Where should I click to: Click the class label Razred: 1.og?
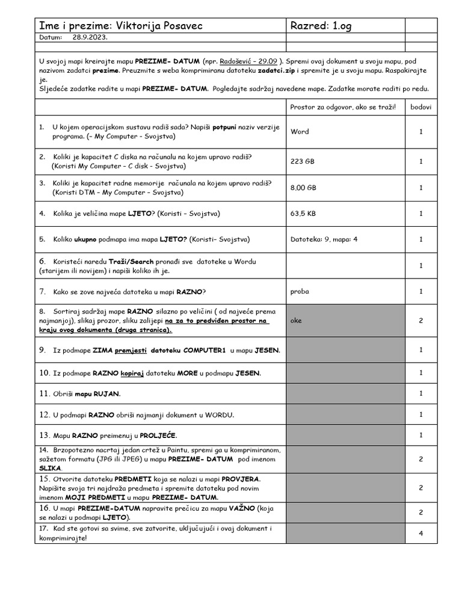[319, 26]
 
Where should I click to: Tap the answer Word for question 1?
[300, 131]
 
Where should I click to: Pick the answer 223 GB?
[303, 161]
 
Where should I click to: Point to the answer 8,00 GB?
[303, 188]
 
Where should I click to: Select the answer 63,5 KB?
[303, 213]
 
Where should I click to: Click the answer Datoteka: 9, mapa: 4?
[324, 239]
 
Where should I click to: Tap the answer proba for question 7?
[300, 291]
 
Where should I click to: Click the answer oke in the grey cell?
[297, 321]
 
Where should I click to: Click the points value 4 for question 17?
[421, 533]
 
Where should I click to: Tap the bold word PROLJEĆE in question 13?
[158, 435]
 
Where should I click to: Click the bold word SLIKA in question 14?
[50, 467]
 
